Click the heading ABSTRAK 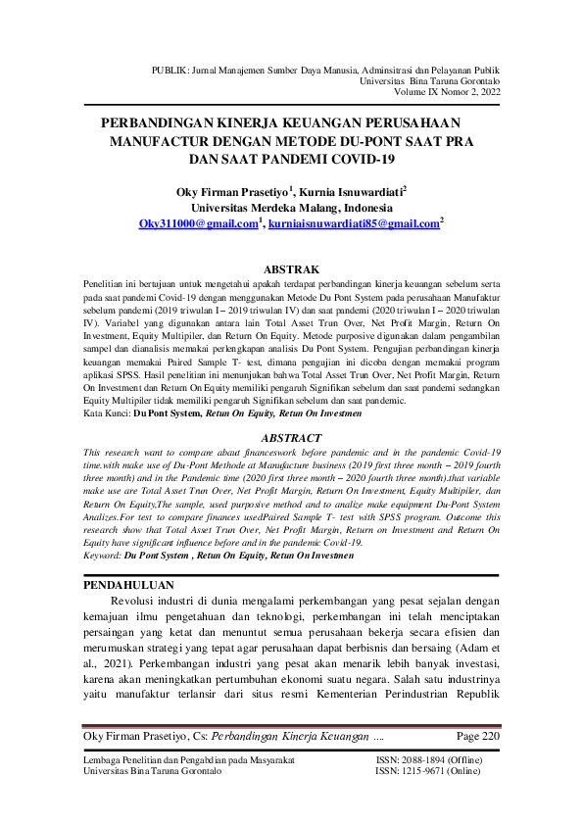pyautogui.click(x=293, y=268)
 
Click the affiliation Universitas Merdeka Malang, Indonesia pyautogui.click(x=292, y=208)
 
